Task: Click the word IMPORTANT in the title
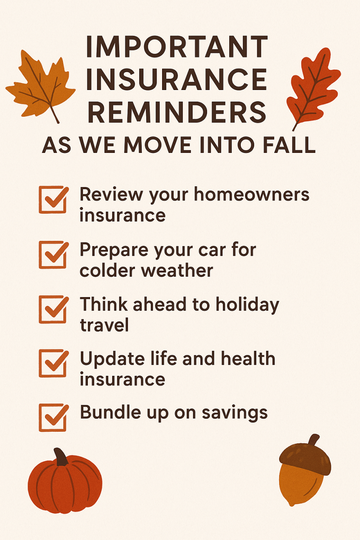(x=177, y=47)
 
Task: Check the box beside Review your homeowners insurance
(x=53, y=200)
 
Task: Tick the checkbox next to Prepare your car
(x=53, y=255)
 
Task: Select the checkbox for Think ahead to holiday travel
(x=53, y=309)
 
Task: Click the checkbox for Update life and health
(x=53, y=363)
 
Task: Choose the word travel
(x=104, y=325)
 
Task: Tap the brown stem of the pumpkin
(x=61, y=457)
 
